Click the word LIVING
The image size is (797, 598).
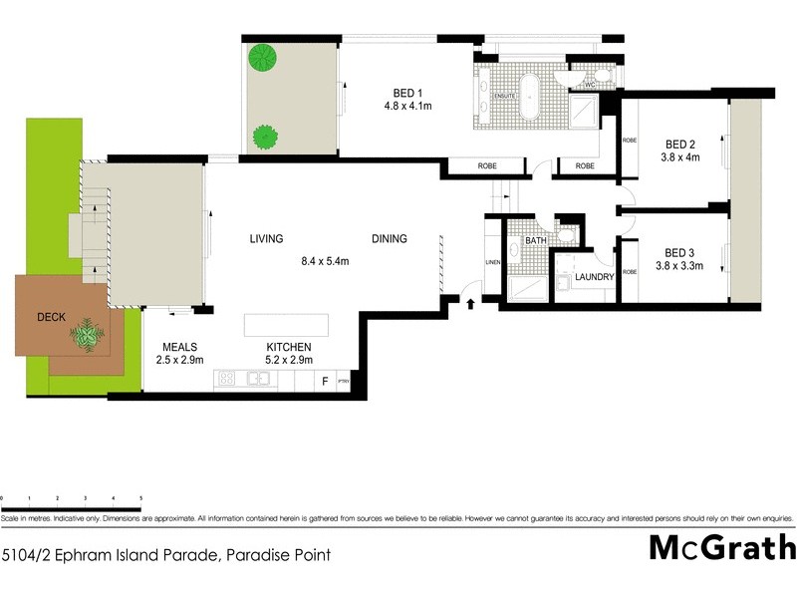(266, 239)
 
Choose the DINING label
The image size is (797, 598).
(391, 239)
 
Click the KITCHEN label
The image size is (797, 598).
(288, 346)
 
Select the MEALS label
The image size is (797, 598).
(179, 346)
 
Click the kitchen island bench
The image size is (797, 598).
(286, 326)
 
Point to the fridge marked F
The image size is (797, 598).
(324, 381)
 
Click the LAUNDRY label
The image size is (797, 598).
(594, 276)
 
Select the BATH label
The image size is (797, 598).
(535, 240)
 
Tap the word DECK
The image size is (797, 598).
(50, 317)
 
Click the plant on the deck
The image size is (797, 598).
(89, 335)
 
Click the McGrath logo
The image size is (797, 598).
(722, 548)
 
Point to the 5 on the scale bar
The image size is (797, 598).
(141, 496)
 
